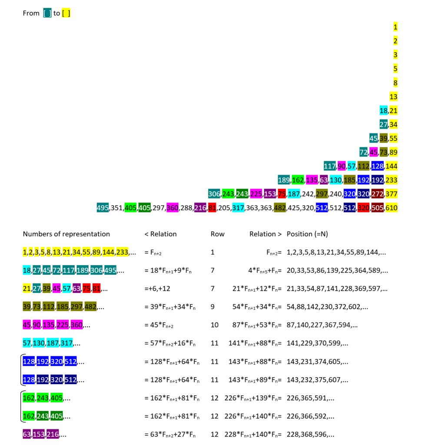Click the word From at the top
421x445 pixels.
(31, 13)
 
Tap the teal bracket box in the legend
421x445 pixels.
(47, 13)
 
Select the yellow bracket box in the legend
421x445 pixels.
(66, 13)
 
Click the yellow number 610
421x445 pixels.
(391, 208)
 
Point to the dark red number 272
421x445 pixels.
(378, 194)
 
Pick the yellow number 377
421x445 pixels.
(391, 194)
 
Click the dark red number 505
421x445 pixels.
(378, 208)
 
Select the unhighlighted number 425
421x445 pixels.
(293, 208)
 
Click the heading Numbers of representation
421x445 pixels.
(66, 234)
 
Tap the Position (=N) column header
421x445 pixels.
(307, 234)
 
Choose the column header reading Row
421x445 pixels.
(217, 234)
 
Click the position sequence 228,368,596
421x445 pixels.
(310, 434)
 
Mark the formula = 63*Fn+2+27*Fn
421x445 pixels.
(172, 434)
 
